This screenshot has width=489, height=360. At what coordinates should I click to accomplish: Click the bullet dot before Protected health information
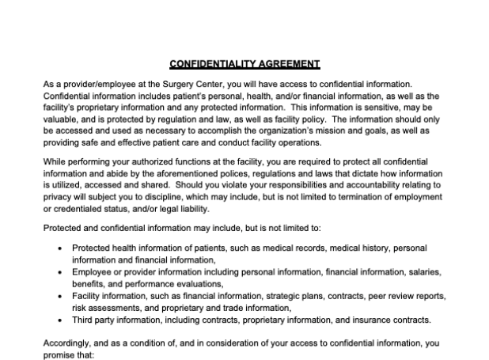click(62, 248)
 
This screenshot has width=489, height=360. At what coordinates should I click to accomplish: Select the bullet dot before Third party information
click(62, 320)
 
